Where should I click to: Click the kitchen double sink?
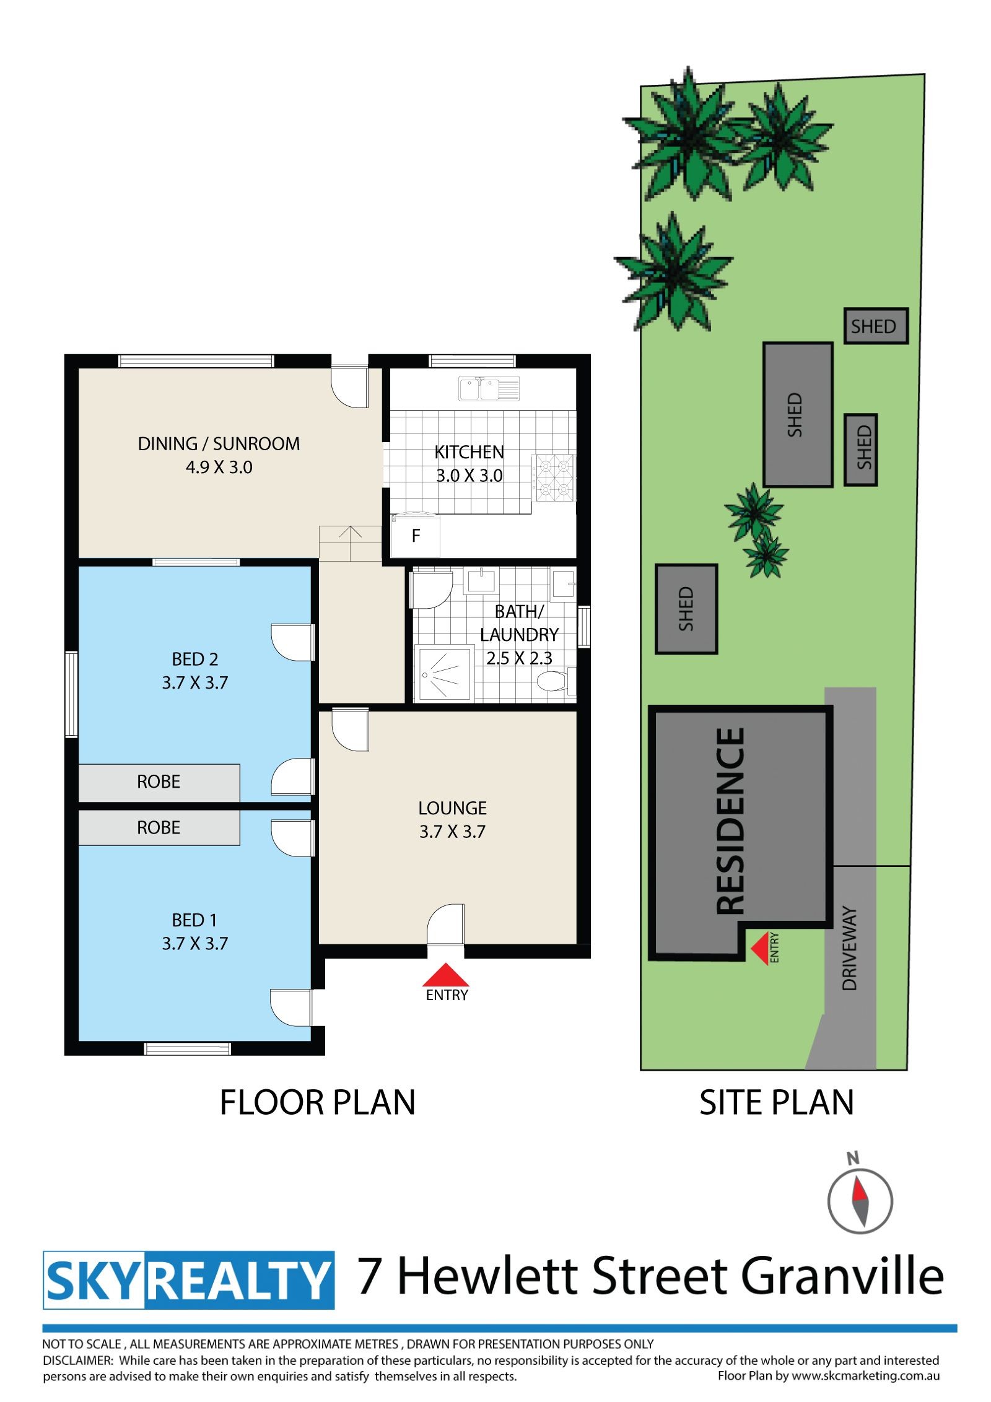coord(489,388)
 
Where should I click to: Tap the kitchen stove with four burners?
coord(553,477)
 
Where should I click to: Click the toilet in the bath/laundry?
coord(556,681)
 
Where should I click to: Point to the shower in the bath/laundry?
coord(443,674)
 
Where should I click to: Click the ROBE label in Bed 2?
coord(159,782)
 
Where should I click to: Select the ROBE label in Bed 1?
coord(159,827)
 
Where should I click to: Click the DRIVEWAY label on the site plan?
coord(850,949)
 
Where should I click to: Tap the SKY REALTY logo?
coord(189,1280)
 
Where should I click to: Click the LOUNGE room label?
coord(453,808)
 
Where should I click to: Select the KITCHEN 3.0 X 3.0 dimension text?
coord(469,476)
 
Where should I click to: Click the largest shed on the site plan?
coord(798,414)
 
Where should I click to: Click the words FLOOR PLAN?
coord(318,1102)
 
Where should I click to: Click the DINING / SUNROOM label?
coord(219,443)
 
